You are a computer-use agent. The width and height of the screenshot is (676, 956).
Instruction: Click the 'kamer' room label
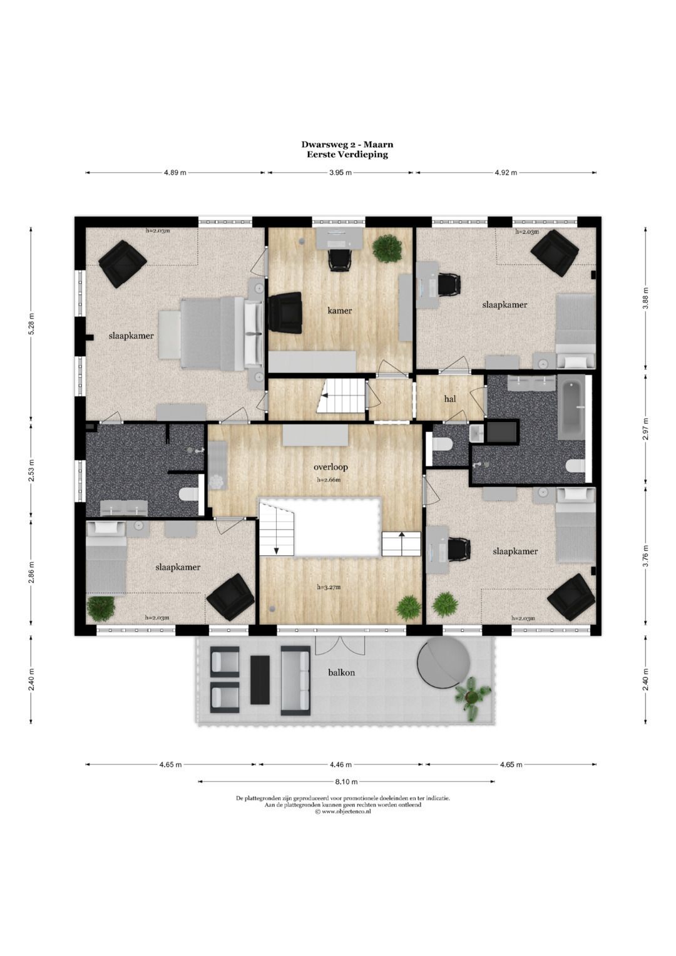(x=340, y=311)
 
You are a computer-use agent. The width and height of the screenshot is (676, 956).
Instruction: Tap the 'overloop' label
(x=330, y=467)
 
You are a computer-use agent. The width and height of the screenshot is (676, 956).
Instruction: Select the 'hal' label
(x=450, y=399)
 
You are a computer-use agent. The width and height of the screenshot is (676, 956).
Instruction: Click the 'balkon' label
(x=341, y=672)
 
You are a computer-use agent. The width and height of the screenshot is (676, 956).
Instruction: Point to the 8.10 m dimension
(x=346, y=781)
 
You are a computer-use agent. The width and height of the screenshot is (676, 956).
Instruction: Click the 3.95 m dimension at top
(x=341, y=172)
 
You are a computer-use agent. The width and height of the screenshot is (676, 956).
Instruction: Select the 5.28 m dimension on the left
(x=30, y=324)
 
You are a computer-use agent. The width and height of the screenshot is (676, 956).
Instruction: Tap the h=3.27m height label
(x=329, y=587)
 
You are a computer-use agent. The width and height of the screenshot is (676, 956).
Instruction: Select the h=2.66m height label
(x=329, y=480)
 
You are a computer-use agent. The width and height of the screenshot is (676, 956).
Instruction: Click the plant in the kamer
(x=387, y=248)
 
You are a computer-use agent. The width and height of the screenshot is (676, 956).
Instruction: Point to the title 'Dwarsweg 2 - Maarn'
(x=347, y=145)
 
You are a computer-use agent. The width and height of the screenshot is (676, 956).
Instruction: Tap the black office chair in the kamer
(x=339, y=259)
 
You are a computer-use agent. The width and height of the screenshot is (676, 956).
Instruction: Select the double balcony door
(x=340, y=645)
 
